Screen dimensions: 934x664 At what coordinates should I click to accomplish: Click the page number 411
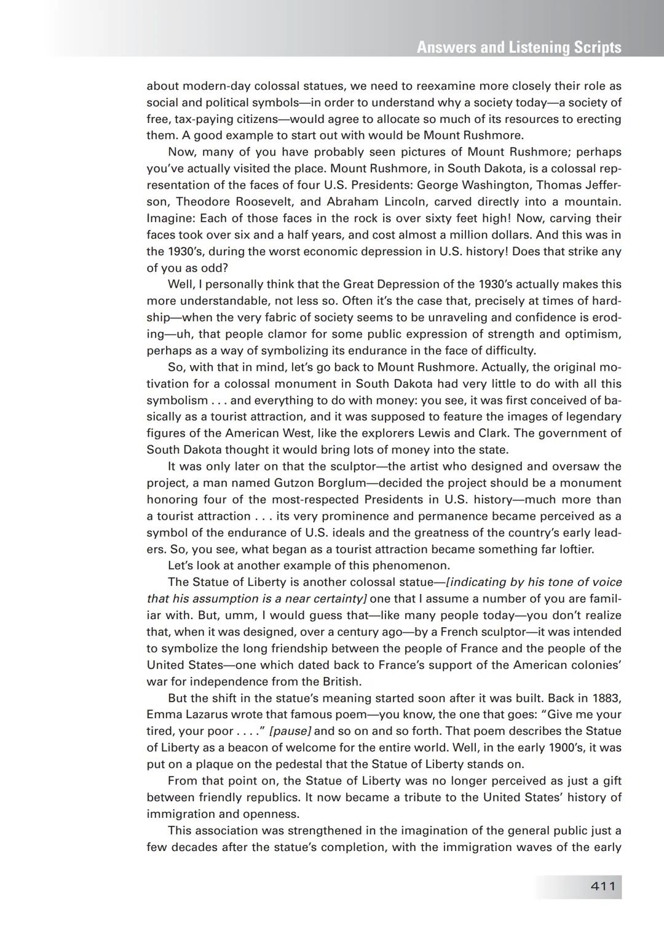tap(603, 886)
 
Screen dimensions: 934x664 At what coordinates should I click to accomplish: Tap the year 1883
tap(607, 698)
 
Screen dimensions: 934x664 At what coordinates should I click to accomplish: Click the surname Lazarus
tap(207, 714)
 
